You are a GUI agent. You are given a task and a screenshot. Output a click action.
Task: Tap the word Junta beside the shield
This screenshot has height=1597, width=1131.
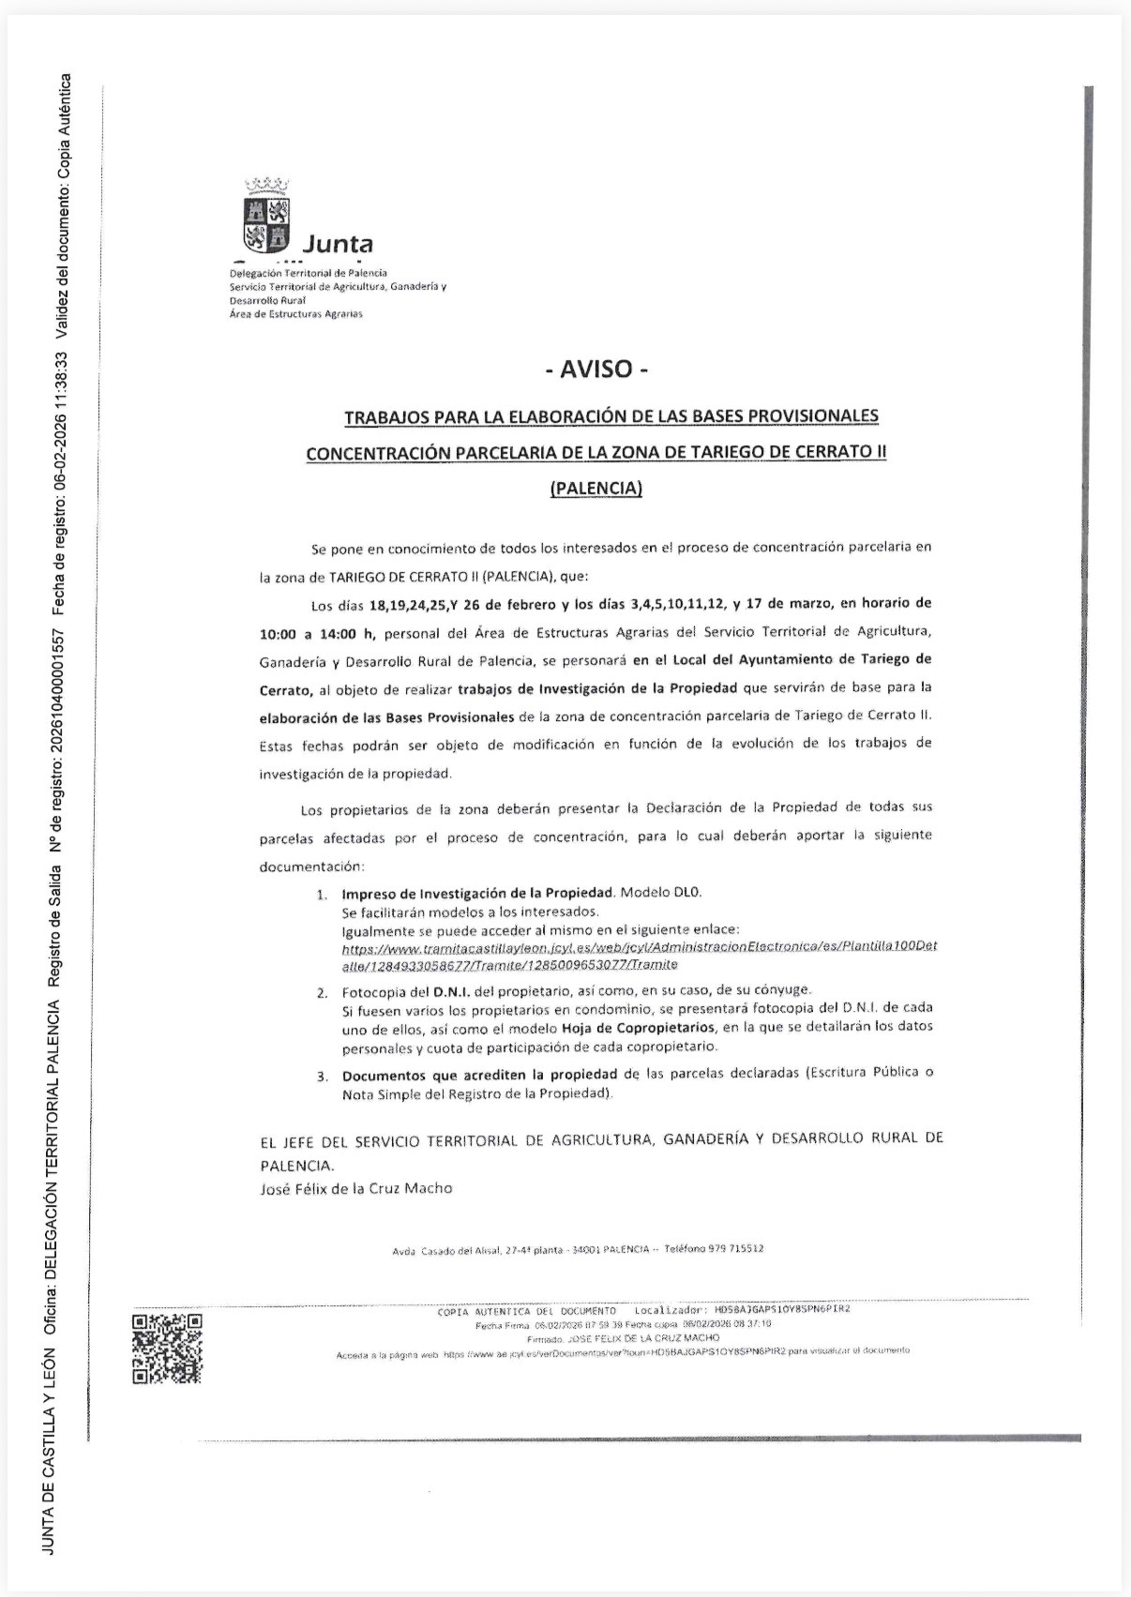[x=338, y=245]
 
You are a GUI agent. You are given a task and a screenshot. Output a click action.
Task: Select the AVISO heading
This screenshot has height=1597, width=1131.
[x=596, y=369]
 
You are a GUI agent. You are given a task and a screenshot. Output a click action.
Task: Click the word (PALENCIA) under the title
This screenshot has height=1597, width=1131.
[x=596, y=488]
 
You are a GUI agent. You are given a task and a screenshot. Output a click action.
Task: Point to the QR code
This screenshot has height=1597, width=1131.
[x=167, y=1348]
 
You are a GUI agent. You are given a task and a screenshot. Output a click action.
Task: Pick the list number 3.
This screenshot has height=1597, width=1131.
[x=321, y=1076]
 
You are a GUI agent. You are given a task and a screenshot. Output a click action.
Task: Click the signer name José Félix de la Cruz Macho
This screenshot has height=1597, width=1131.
[x=355, y=1188]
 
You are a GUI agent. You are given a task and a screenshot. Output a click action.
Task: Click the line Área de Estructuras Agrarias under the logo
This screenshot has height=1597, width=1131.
[x=295, y=314]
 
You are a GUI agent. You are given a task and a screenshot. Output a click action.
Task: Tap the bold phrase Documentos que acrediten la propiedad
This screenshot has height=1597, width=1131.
[x=479, y=1075]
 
